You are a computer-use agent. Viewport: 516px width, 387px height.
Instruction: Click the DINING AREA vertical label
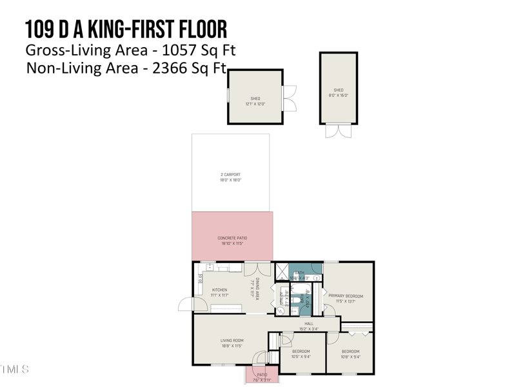(256, 288)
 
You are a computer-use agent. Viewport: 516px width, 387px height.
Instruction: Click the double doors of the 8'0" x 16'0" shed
(339, 131)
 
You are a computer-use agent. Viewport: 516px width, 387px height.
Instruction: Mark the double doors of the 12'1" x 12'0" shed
(290, 97)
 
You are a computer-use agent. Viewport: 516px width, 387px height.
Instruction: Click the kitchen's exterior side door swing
(186, 304)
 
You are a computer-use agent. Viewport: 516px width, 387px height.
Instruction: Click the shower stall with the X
(281, 271)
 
